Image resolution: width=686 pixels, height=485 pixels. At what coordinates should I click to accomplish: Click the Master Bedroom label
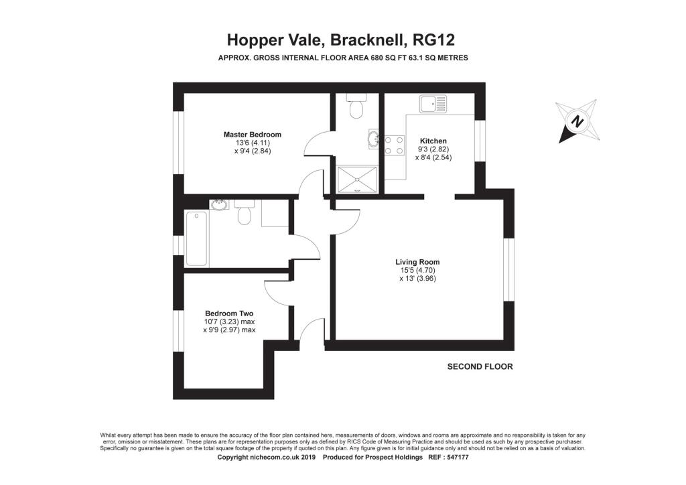coord(253,135)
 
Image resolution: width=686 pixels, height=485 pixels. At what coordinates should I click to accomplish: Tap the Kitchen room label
coord(433,141)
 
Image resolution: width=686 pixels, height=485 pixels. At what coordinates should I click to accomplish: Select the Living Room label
coord(417,262)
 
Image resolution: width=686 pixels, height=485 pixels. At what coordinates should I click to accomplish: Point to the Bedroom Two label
coord(229,313)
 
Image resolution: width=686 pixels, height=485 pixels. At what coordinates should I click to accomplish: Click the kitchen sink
coord(432,104)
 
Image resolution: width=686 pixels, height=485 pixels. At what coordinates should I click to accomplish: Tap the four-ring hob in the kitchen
coord(394,145)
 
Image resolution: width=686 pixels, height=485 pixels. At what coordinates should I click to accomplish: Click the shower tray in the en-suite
coord(356,179)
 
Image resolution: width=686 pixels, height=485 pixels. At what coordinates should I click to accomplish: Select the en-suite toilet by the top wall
coord(356,106)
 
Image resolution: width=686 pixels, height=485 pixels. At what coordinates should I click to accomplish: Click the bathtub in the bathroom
coord(196,238)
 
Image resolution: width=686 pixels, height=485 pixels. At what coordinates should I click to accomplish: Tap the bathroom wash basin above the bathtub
coord(219,204)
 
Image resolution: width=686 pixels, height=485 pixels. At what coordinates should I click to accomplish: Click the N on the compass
coord(578,121)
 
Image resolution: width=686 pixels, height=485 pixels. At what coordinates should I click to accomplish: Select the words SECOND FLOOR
coord(480,366)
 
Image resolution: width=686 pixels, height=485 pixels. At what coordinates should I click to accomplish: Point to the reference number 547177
coord(456,457)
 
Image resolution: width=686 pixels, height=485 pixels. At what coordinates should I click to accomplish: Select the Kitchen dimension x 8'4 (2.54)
coord(433,157)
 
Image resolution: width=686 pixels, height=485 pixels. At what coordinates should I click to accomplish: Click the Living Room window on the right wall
coord(508,269)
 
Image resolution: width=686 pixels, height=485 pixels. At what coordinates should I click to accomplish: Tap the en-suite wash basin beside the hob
coord(374,139)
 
